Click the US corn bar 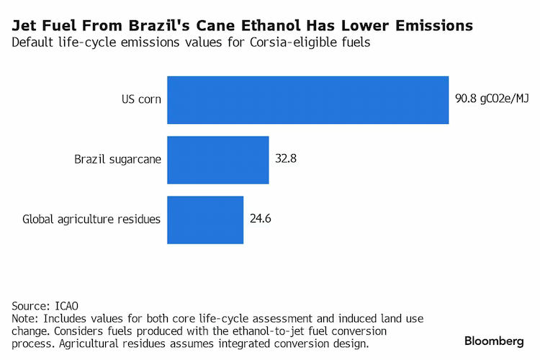[308, 100]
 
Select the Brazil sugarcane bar [218, 160]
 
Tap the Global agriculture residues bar [205, 220]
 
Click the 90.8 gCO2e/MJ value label [492, 99]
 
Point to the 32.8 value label [286, 158]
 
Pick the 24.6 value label [261, 218]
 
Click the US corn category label [141, 99]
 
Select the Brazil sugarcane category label [118, 159]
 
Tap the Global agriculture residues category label [91, 219]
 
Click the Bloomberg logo [494, 341]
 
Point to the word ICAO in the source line [66, 306]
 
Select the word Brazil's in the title [159, 25]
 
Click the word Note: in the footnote [25, 318]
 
